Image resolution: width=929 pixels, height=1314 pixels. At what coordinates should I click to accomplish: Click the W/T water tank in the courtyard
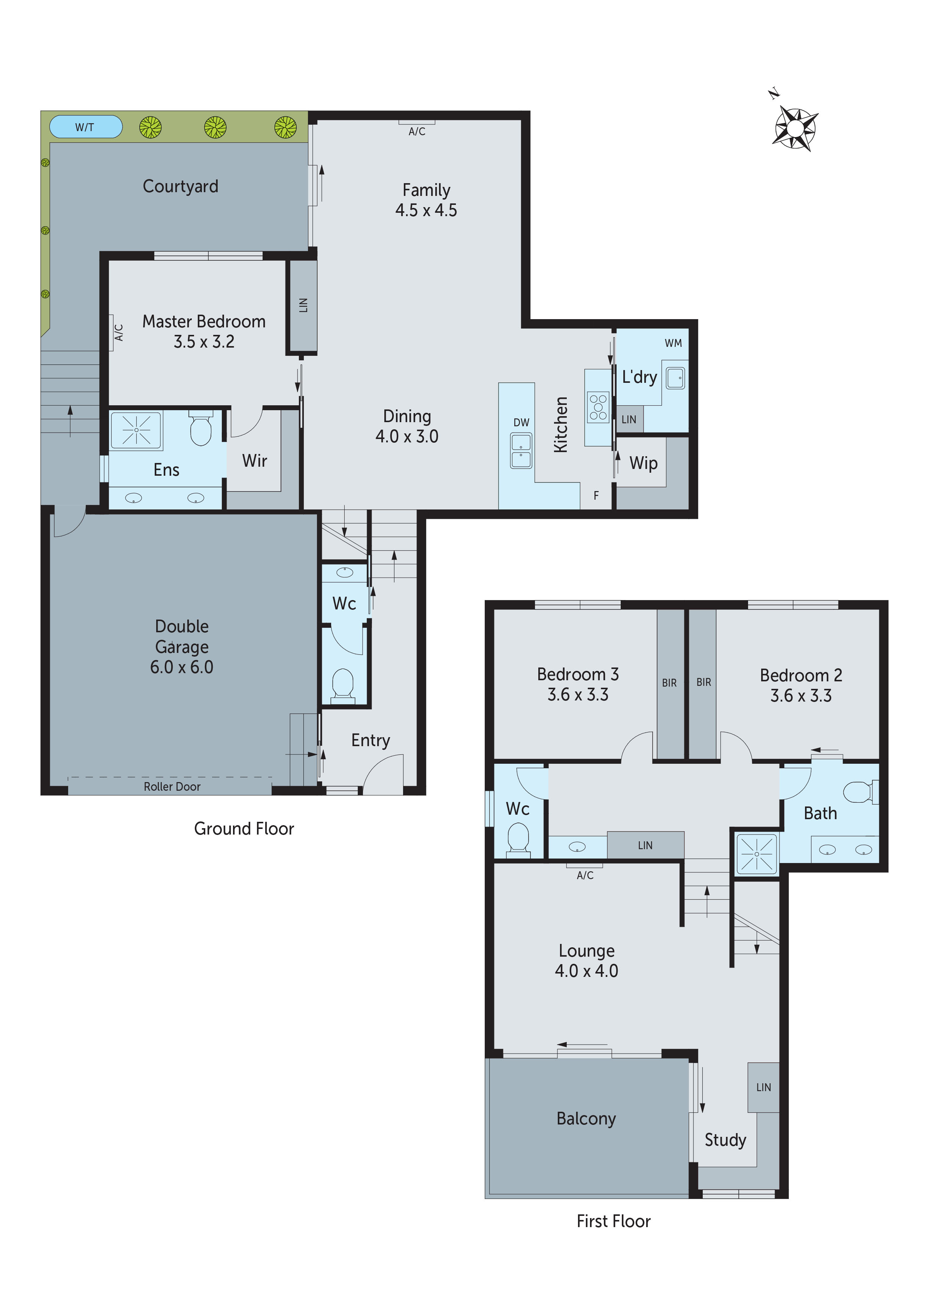pos(86,127)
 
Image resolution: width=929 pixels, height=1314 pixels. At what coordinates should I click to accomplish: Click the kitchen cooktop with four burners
pos(598,407)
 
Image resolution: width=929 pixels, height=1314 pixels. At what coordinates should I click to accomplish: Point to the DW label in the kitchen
pos(521,423)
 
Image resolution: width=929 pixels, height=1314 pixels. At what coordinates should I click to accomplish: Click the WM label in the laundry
pos(673,343)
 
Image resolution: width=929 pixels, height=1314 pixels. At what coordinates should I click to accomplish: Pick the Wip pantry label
pos(644,463)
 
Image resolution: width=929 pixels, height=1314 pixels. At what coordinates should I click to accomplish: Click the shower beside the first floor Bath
pos(756,854)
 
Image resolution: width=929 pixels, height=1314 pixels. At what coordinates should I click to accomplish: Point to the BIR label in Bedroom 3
pos(669,683)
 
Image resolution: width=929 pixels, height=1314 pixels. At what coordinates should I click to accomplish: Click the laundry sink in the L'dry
pos(675,378)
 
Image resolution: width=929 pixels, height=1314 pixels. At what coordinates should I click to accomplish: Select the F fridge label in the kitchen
pos(596,496)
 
